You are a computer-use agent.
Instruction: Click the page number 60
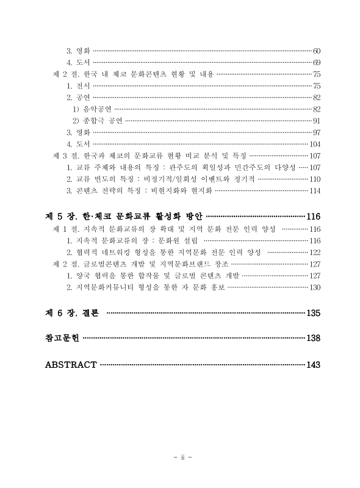[x=317, y=50]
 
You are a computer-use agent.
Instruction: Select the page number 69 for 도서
[x=317, y=62]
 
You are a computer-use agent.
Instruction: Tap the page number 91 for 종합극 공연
[x=317, y=120]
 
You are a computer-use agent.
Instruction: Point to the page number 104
[x=315, y=144]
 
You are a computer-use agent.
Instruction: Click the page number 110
[x=315, y=179]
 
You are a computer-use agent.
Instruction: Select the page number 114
[x=315, y=190]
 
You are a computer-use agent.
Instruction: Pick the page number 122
[x=315, y=252]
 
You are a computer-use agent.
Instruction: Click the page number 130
[x=315, y=287]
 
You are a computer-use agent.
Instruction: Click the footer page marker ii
[x=180, y=458]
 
